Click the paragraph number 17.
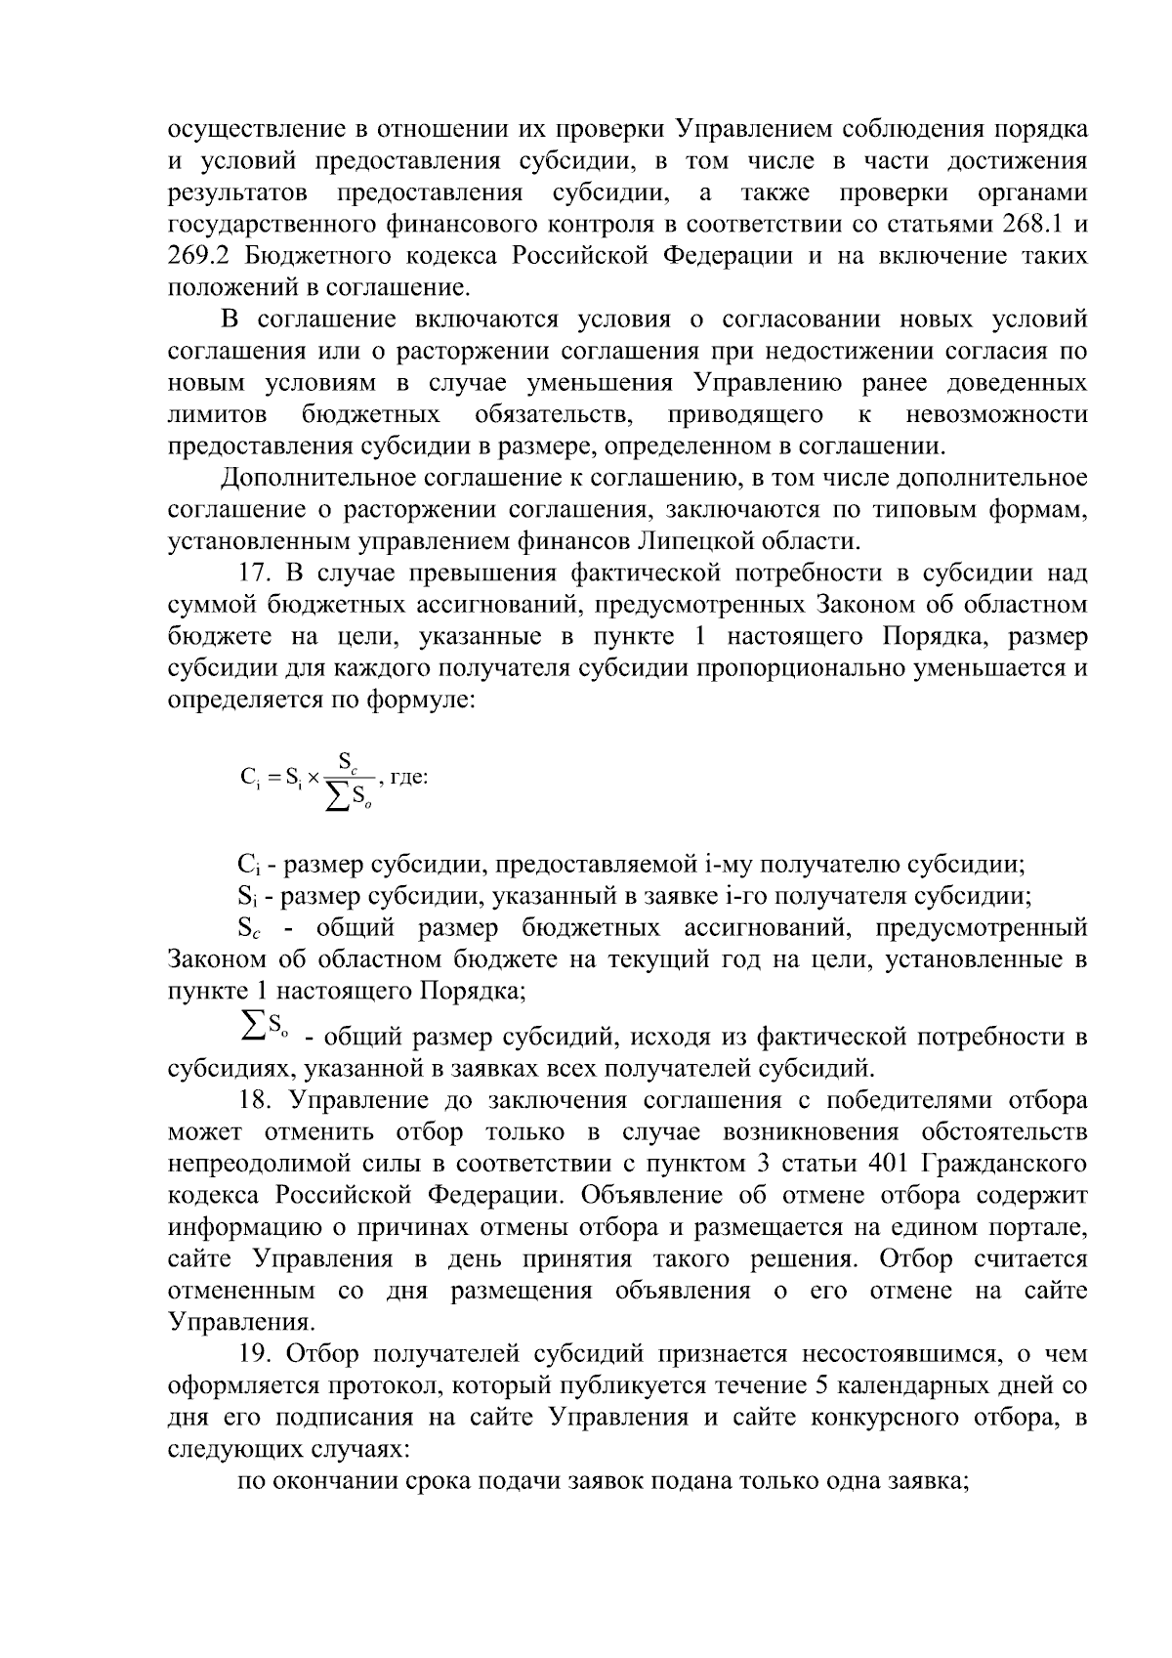coord(256,574)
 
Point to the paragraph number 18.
coord(256,1101)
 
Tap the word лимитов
coord(218,415)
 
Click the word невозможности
coord(996,415)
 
